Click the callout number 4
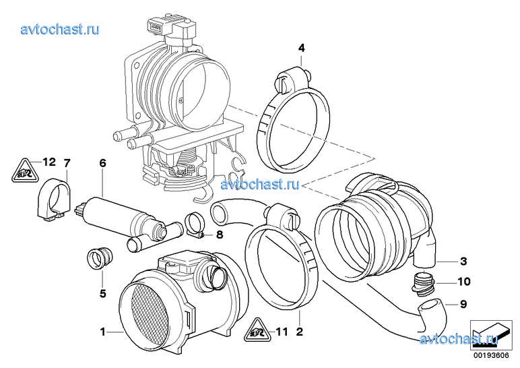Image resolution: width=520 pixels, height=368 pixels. coord(301,49)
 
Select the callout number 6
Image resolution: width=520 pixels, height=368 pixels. coord(102,163)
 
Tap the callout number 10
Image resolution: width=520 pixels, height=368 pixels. coord(464,282)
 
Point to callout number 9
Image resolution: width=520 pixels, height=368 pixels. coord(463,304)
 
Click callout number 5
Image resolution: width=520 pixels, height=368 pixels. coord(102,293)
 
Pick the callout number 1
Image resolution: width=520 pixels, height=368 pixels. coord(103,332)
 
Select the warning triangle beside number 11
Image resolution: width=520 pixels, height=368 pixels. coord(258,330)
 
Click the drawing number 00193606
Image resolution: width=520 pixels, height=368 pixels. coord(491,355)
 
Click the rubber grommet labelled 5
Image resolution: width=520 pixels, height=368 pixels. coord(100,258)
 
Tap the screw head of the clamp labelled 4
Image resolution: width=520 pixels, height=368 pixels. coord(280,82)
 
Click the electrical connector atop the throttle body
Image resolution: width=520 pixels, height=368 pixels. coord(171,30)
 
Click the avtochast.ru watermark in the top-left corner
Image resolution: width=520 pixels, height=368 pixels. coord(60,30)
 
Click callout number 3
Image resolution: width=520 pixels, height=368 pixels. coord(463,262)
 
